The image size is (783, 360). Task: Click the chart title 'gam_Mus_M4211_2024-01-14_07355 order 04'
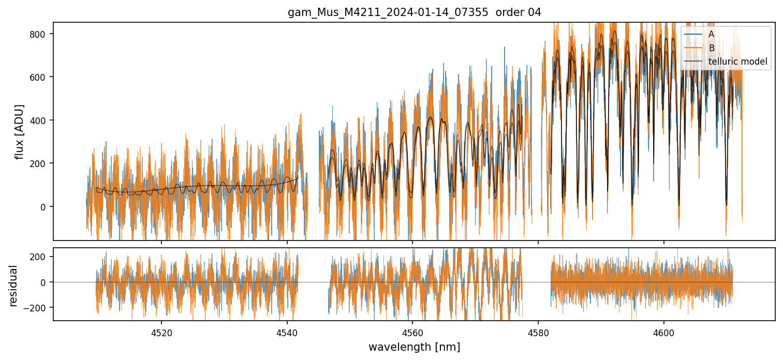point(414,12)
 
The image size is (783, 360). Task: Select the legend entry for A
point(711,34)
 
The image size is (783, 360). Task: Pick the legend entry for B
point(711,48)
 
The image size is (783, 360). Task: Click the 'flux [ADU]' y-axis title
point(20,131)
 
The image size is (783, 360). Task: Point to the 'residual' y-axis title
point(13,286)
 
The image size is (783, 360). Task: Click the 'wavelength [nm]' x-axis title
point(414,347)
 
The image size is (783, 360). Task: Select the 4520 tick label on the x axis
point(161,332)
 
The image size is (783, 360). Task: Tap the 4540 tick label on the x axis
point(287,332)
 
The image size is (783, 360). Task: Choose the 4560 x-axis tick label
point(412,332)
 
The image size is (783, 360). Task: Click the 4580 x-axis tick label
point(538,332)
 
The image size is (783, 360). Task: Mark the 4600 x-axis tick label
point(664,332)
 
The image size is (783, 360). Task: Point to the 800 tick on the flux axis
point(42,34)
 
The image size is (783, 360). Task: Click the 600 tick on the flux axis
point(42,77)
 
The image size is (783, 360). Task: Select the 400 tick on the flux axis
point(42,121)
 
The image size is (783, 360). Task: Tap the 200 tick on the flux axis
point(42,163)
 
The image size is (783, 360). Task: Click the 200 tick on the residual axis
point(42,257)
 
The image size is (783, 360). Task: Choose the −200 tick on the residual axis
point(40,308)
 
